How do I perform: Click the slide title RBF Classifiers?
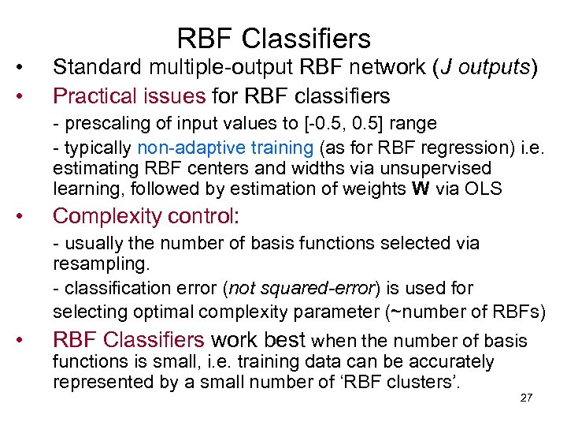pyautogui.click(x=273, y=38)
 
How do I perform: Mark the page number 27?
pyautogui.click(x=527, y=397)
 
